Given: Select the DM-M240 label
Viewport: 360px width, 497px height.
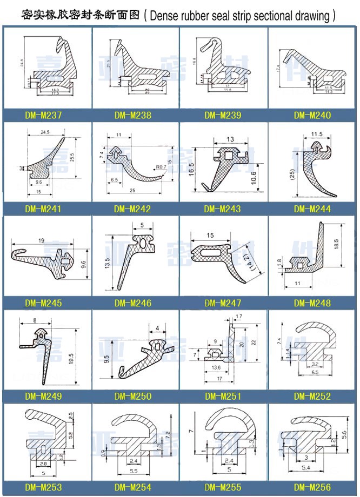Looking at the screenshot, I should (312, 115).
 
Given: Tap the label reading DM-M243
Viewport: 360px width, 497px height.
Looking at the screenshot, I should (223, 209).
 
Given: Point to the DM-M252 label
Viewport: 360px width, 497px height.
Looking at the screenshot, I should (312, 397).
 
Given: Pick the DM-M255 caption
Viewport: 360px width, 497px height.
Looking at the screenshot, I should (223, 488).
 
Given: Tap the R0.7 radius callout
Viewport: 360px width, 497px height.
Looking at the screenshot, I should (161, 167).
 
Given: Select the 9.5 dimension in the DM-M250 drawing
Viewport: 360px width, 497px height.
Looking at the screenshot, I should (108, 357).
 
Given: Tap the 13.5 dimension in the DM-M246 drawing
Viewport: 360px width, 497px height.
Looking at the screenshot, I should (107, 263).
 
